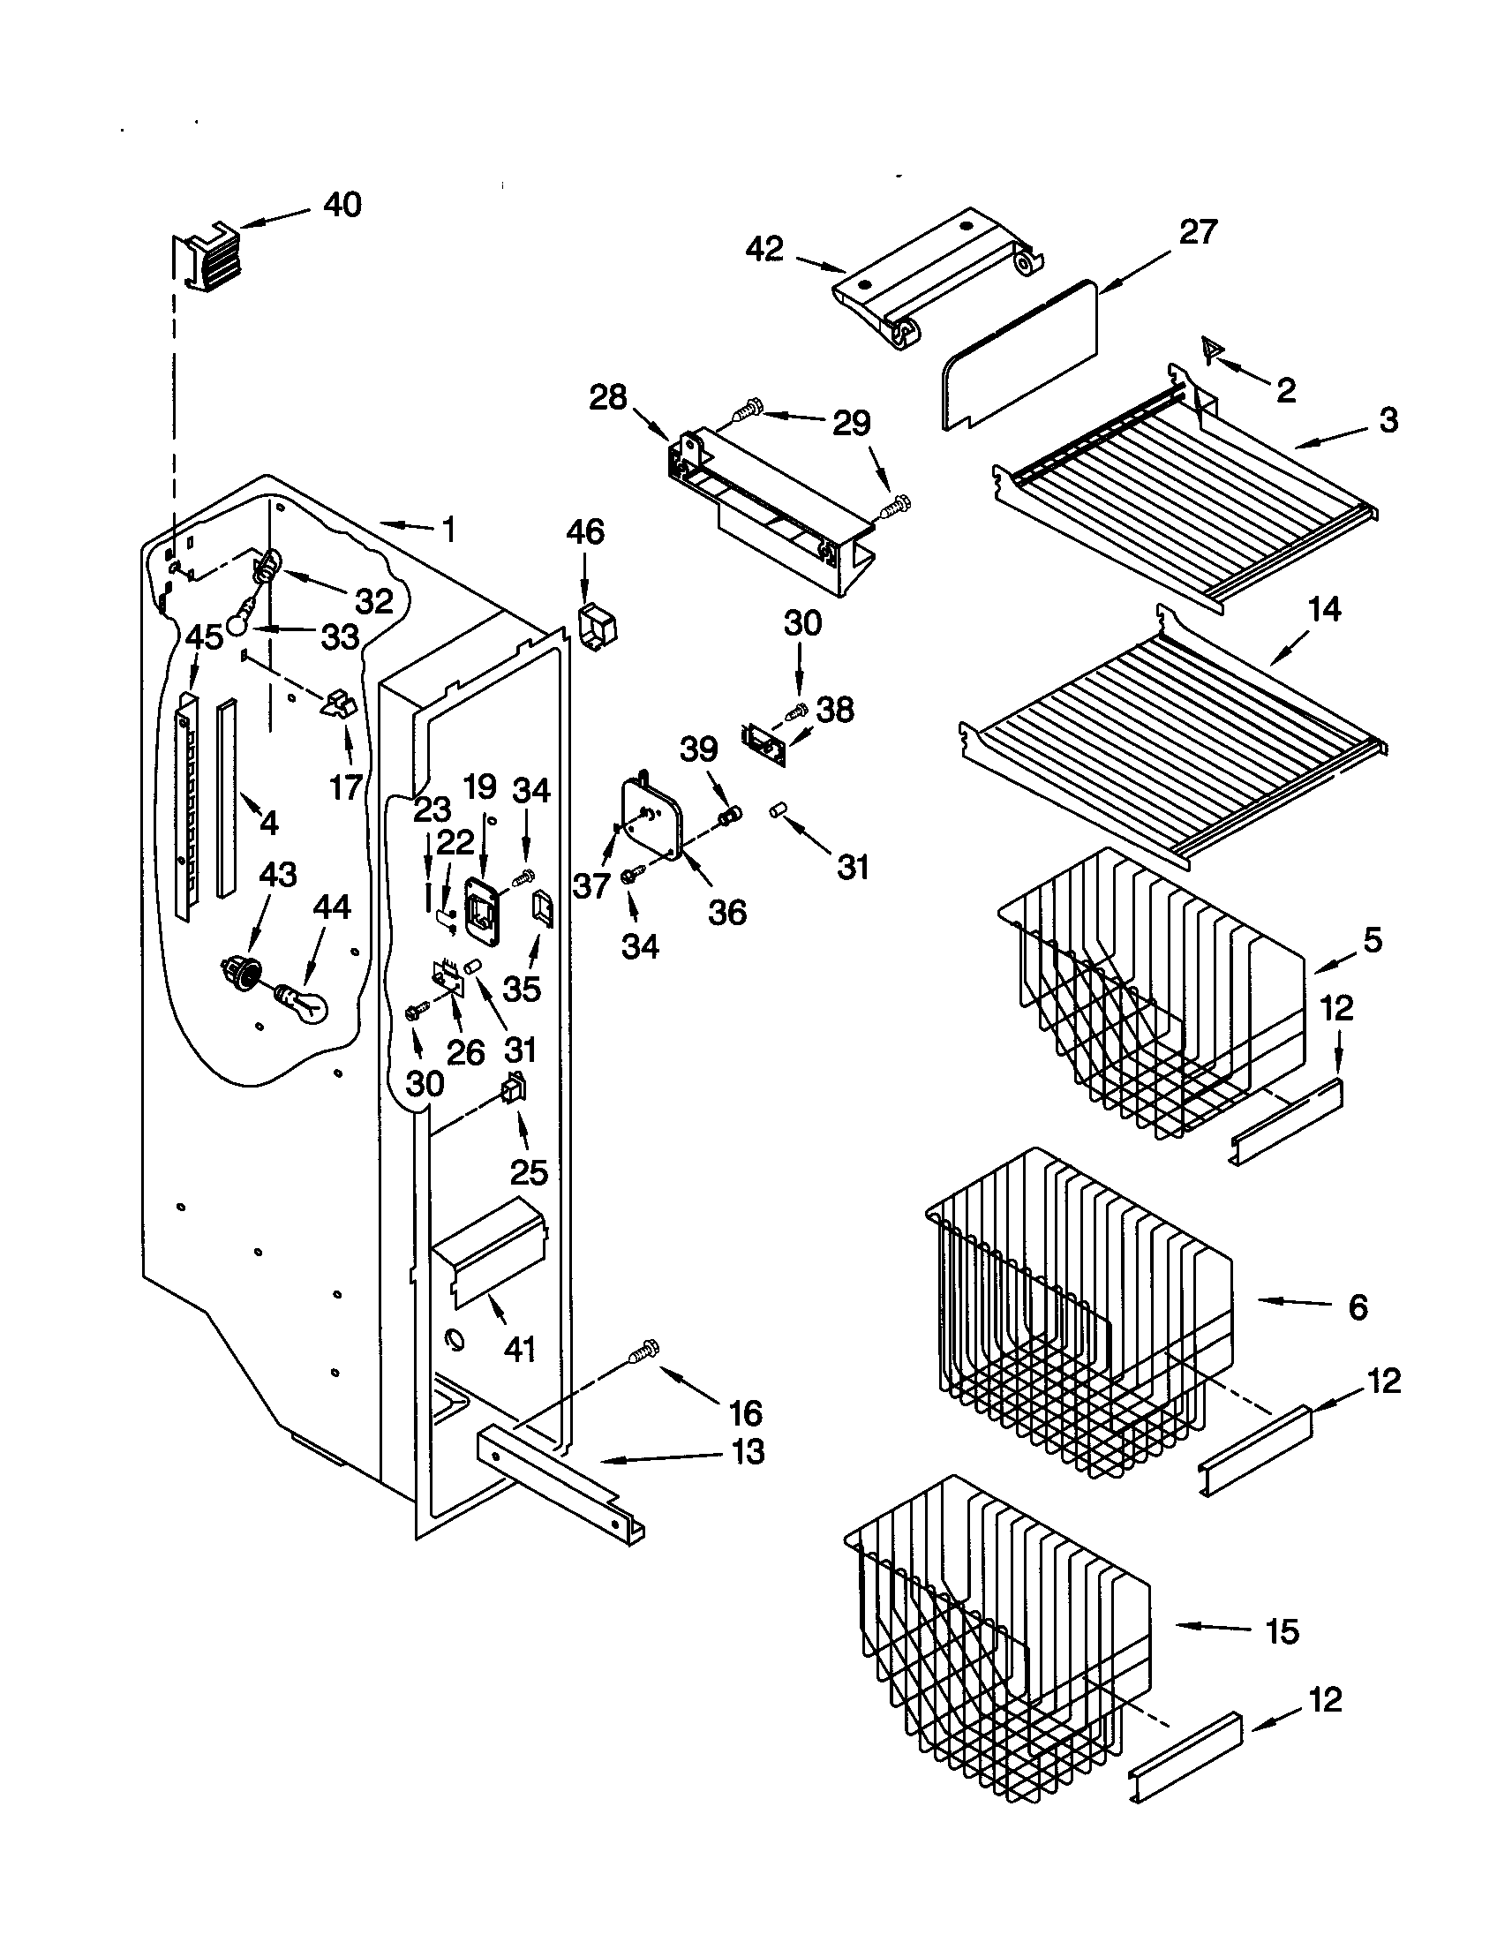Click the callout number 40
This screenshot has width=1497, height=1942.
coord(342,206)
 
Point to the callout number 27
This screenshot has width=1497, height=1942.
coord(1197,233)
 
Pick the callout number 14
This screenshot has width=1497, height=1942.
coord(1324,610)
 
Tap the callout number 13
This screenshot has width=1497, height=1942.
coord(748,1452)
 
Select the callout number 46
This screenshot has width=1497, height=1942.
coord(584,532)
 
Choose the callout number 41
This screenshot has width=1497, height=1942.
coord(519,1349)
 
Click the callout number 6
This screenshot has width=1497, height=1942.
coord(1358,1307)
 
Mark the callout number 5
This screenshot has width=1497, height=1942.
coord(1373,940)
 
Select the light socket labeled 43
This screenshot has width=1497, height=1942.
coord(240,971)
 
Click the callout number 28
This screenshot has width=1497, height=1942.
coord(608,397)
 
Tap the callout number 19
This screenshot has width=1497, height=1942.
coord(479,786)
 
